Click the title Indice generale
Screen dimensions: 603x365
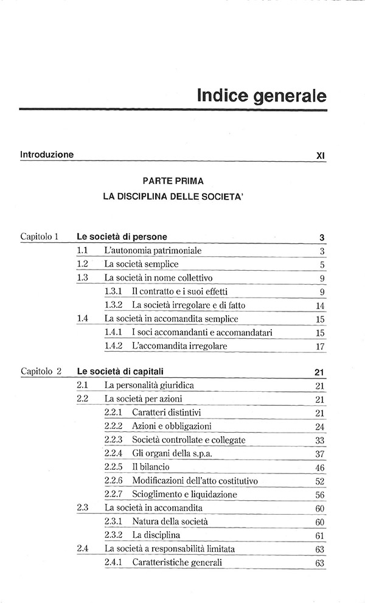[262, 96]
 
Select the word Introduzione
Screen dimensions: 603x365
[47, 155]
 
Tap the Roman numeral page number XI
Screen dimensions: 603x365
[321, 156]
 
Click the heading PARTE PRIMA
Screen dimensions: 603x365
[173, 181]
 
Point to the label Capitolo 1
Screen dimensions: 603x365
[39, 236]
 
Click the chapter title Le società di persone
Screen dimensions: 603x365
[122, 236]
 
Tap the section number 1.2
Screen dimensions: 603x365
[83, 265]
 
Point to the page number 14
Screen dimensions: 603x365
[321, 305]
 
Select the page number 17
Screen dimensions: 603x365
[321, 346]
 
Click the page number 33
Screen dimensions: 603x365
[321, 440]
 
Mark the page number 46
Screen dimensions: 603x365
[321, 467]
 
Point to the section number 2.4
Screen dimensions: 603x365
[83, 549]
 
